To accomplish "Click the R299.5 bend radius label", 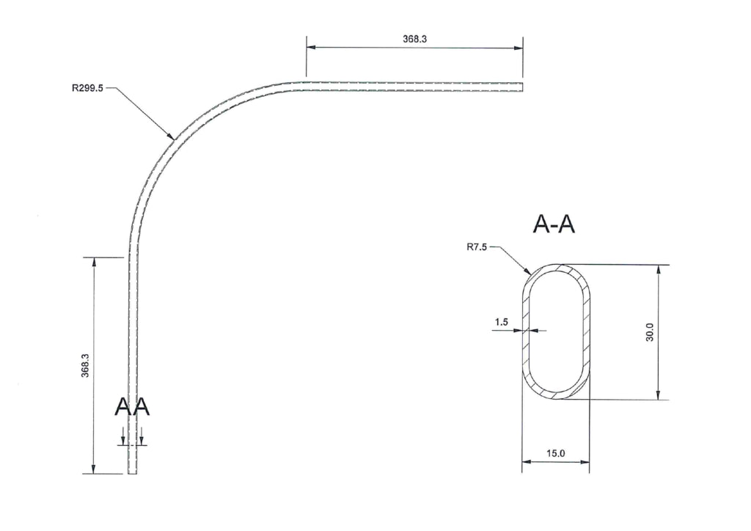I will point(87,87).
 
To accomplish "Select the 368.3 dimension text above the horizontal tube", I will point(414,39).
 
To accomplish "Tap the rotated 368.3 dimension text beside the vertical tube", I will point(85,365).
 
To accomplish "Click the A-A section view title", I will point(554,225).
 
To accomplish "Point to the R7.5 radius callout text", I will point(477,247).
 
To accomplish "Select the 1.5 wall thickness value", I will point(501,322).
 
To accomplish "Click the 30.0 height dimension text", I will point(650,332).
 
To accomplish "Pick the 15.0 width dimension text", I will point(556,453).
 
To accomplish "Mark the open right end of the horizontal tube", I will point(523,87).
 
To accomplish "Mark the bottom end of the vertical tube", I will point(133,473).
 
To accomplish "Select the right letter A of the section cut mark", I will point(141,407).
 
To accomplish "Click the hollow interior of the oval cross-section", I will point(556,332).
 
